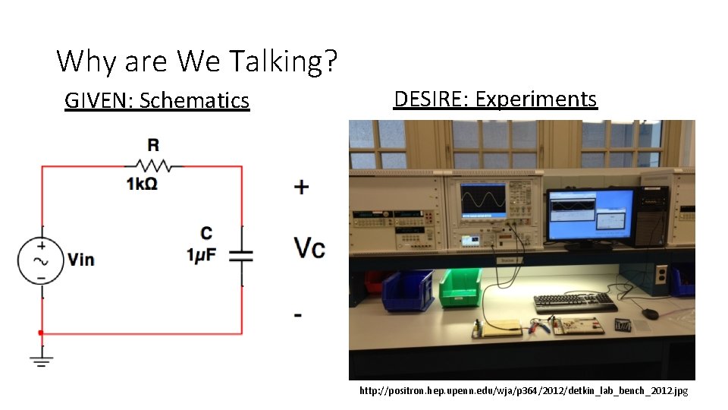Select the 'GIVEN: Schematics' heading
tap(157, 100)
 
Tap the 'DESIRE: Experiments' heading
tap(495, 99)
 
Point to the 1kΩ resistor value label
tap(142, 184)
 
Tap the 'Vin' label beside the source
tap(81, 260)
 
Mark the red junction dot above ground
tap(41, 333)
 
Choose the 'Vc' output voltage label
tap(309, 248)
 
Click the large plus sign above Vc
tap(301, 187)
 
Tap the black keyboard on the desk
tap(576, 302)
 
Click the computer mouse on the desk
tap(651, 313)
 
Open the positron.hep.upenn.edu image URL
tap(523, 391)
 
